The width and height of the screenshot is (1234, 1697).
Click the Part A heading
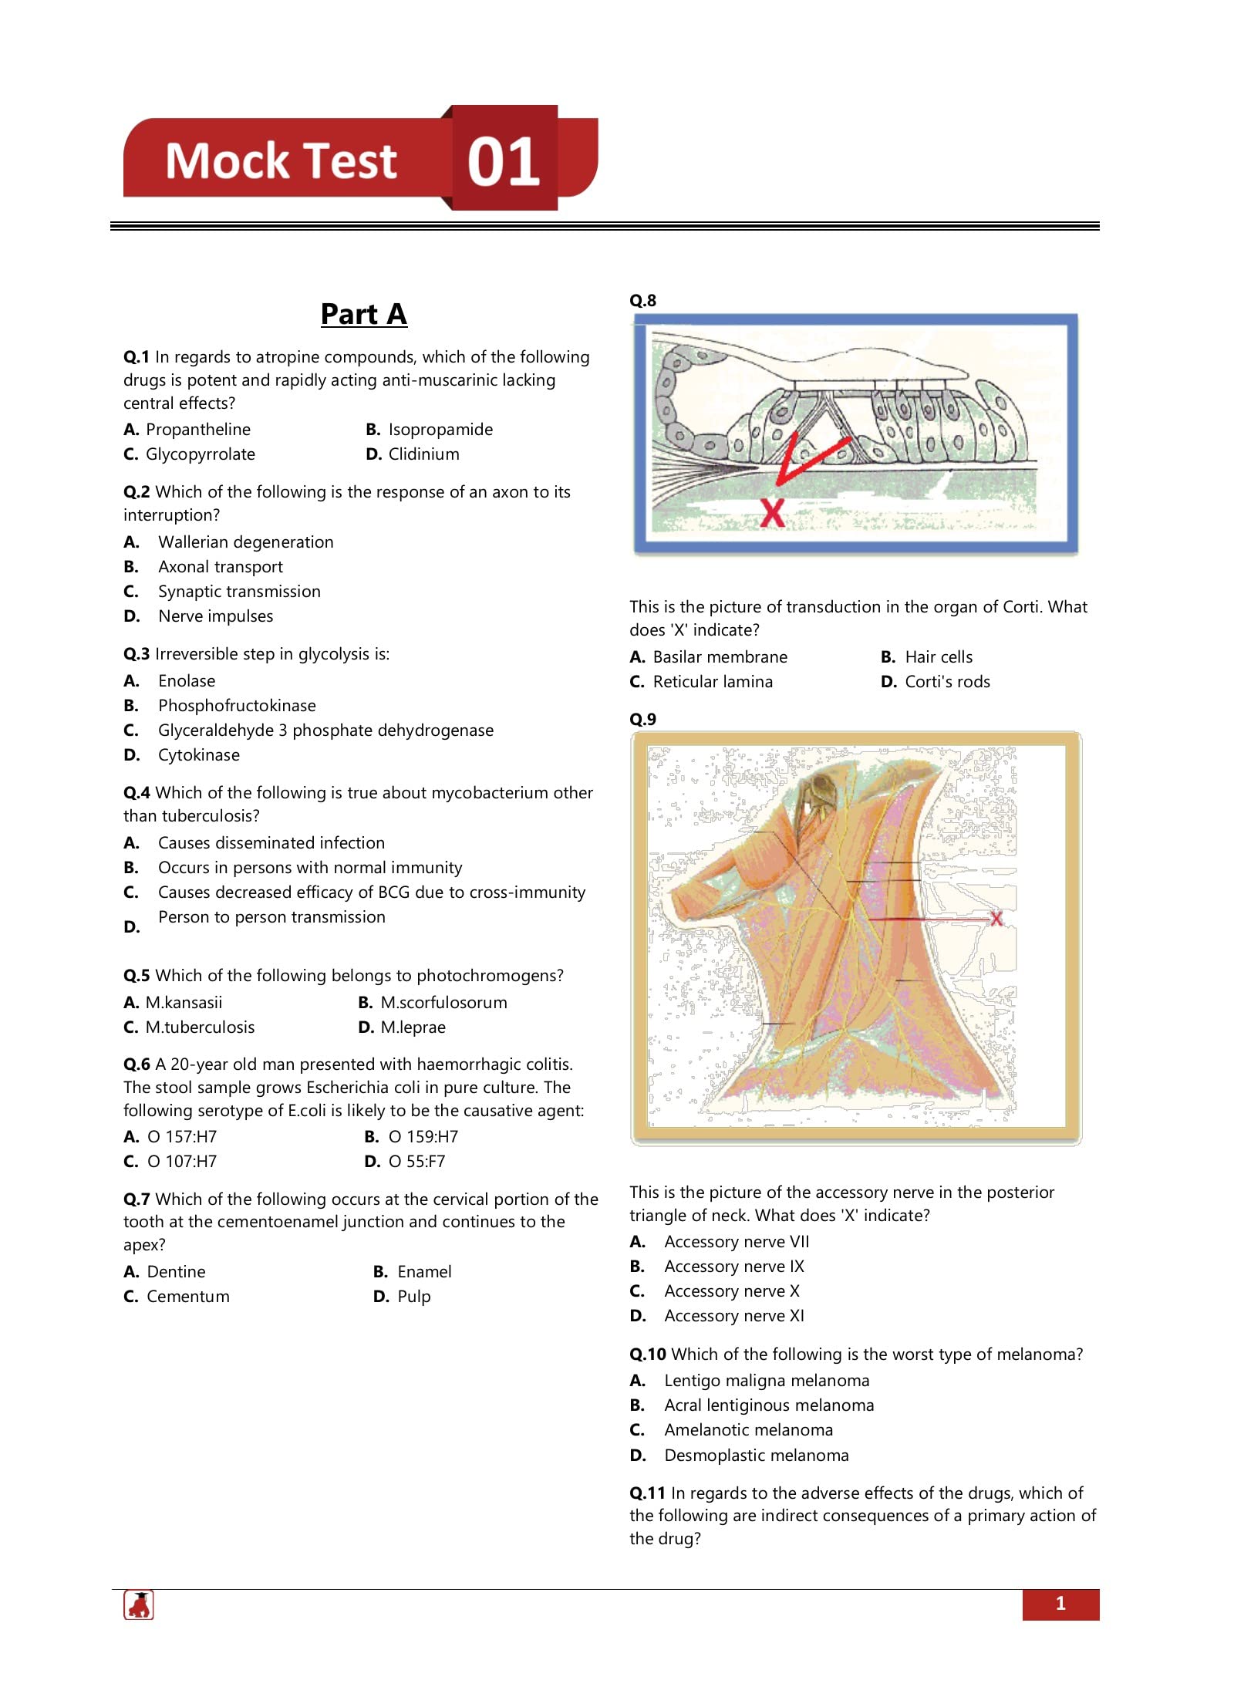coord(363,314)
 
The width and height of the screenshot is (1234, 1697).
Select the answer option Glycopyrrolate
coord(200,454)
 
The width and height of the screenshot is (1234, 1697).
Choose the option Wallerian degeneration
coord(245,542)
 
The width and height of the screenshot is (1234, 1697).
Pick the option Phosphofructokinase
coord(237,706)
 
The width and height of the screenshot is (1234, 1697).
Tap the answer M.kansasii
coord(184,1003)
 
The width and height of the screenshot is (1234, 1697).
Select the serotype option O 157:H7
coord(182,1137)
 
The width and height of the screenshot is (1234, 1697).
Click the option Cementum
coord(187,1297)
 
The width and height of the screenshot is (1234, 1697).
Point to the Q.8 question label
coord(642,300)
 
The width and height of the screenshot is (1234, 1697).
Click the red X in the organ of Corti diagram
coord(772,512)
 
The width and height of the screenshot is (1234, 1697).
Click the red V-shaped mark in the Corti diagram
coord(802,460)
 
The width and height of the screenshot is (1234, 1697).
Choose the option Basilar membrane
coord(720,657)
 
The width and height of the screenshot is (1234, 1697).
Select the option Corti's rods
coord(947,682)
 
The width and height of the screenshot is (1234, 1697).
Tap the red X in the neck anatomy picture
coord(996,918)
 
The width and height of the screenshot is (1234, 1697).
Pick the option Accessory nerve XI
coord(733,1316)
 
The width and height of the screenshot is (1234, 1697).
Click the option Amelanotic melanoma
coord(748,1430)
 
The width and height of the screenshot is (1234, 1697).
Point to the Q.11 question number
coord(647,1493)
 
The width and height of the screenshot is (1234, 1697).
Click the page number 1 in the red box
coord(1060,1604)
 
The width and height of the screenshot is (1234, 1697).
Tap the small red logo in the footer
coord(139,1605)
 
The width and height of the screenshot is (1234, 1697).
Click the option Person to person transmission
coord(271,917)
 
